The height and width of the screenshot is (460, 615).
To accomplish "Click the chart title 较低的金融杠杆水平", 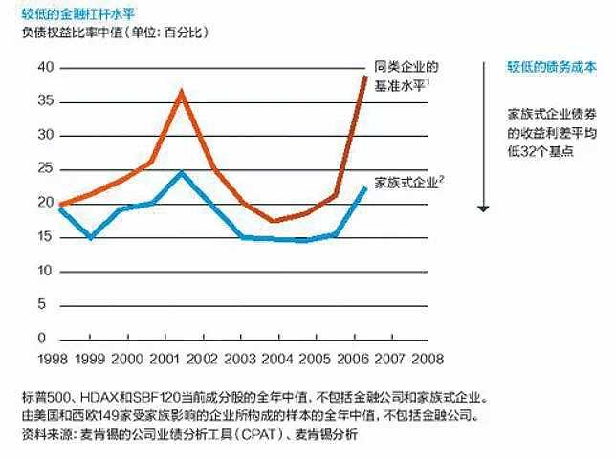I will [71, 12].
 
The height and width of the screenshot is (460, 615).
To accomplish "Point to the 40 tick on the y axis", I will [41, 68].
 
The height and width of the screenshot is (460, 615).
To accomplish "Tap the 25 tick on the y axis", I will [41, 169].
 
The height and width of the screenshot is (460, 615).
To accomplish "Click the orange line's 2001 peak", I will [183, 91].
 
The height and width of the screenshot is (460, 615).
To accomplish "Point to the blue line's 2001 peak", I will [182, 172].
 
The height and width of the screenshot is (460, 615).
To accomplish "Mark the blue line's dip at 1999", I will [91, 237].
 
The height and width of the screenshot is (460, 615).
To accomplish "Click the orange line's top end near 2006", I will [365, 76].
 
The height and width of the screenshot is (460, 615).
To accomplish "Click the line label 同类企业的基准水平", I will [406, 77].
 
